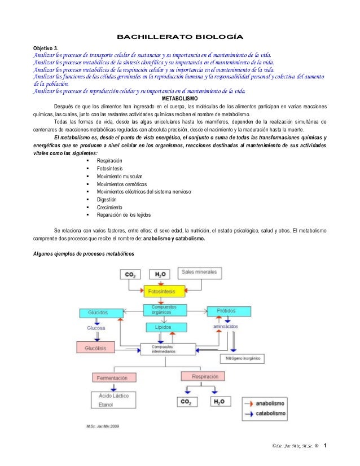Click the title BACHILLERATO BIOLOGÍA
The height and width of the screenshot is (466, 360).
click(x=179, y=38)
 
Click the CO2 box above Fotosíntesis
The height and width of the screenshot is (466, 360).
click(x=130, y=275)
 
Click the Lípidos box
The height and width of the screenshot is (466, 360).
click(x=163, y=327)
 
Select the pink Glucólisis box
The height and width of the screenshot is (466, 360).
click(x=99, y=347)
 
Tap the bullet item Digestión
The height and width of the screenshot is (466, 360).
click(x=107, y=200)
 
